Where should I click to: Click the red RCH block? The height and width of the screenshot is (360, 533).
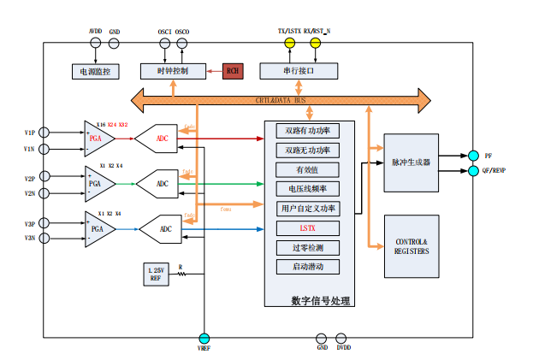[x=232, y=71]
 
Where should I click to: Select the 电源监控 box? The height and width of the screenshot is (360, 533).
[x=95, y=71]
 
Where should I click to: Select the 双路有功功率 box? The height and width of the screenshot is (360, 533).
[x=308, y=131]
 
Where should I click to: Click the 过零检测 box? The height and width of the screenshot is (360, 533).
[x=308, y=247]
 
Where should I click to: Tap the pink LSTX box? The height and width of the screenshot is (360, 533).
[x=308, y=228]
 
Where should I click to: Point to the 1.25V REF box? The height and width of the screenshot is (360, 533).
[x=156, y=274]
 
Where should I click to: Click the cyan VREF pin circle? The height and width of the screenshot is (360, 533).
[x=204, y=339]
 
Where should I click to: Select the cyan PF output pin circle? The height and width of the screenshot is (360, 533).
[x=472, y=156]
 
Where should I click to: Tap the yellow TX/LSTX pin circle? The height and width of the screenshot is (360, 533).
[x=289, y=42]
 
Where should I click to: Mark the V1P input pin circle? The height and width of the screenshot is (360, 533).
[x=44, y=133]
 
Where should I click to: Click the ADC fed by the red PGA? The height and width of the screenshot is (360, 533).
[x=163, y=139]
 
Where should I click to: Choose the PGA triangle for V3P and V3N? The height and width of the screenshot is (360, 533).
[x=98, y=228]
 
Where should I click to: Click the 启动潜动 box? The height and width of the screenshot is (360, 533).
[x=308, y=267]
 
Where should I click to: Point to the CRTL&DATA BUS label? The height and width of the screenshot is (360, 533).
[x=281, y=100]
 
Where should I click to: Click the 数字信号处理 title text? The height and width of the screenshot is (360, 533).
[x=320, y=300]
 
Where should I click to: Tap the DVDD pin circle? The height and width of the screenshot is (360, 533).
[x=341, y=339]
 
